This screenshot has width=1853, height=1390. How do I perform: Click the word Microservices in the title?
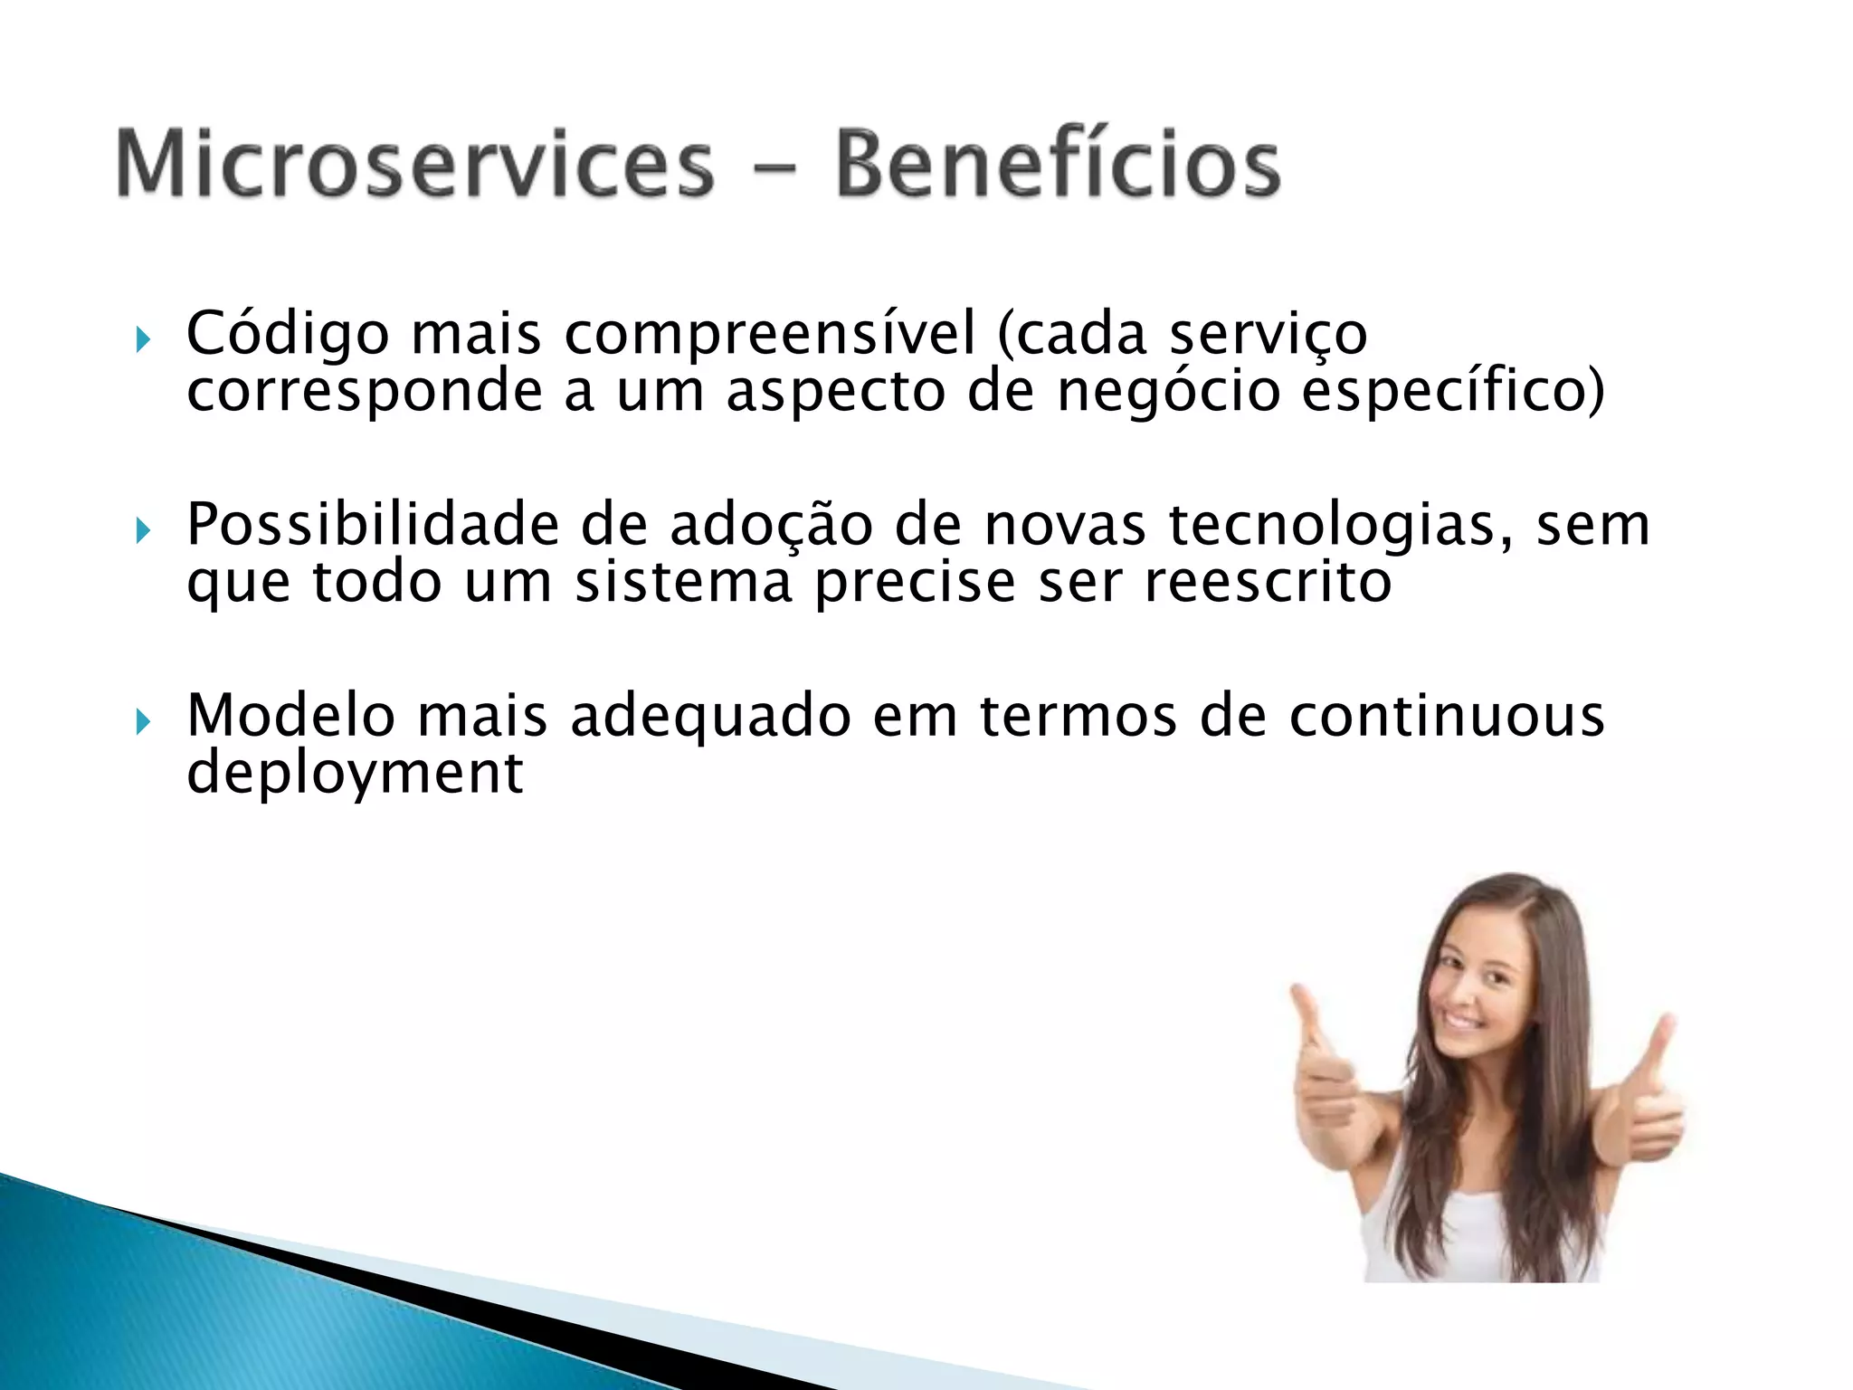[x=414, y=165]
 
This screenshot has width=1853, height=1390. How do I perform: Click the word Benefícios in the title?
[x=1057, y=165]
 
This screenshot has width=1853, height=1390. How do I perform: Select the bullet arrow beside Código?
[x=142, y=341]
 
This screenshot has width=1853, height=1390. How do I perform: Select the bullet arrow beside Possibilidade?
[x=142, y=531]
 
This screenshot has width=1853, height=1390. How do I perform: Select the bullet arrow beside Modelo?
[x=142, y=722]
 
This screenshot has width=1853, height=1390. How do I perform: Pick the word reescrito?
[x=1268, y=582]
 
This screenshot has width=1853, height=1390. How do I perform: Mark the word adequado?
[x=710, y=716]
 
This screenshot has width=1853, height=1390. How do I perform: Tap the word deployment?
[x=354, y=774]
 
